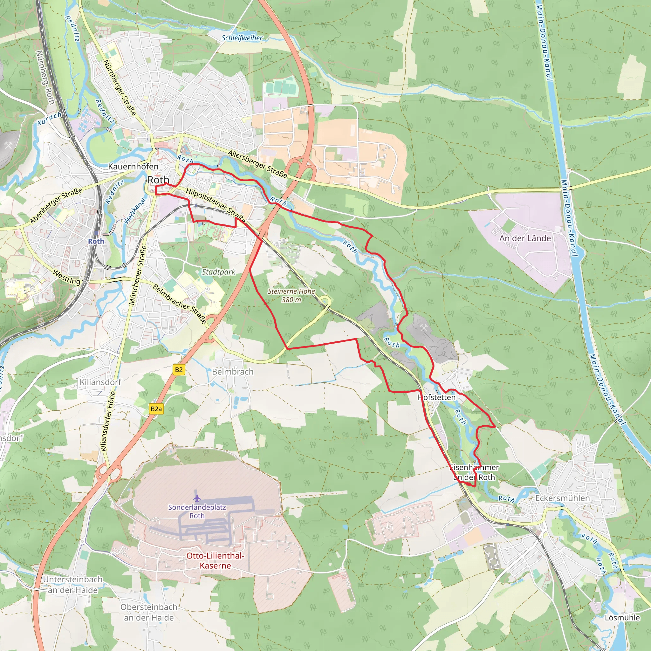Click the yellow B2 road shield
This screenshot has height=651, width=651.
point(179,370)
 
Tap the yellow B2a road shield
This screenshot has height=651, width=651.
point(156,409)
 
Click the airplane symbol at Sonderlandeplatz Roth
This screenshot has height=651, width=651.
point(197,498)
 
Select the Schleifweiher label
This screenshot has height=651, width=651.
point(242,38)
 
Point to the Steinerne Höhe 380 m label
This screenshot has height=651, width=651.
point(291,296)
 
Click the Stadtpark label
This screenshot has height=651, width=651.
point(218,272)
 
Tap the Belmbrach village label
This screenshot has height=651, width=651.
point(232,372)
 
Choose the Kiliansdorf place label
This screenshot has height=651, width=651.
point(100,382)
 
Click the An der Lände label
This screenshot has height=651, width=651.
point(525,238)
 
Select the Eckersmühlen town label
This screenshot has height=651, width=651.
point(562,498)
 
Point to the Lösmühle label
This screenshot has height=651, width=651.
point(622,618)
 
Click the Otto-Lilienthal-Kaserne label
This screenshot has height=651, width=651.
point(215,561)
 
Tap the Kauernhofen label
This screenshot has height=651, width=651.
point(133,167)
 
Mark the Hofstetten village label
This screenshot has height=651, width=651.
point(437,397)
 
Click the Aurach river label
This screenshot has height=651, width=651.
point(49,119)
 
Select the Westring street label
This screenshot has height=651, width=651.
point(67,277)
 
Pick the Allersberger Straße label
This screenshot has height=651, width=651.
point(257,164)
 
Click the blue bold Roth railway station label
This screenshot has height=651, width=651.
point(96,241)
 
